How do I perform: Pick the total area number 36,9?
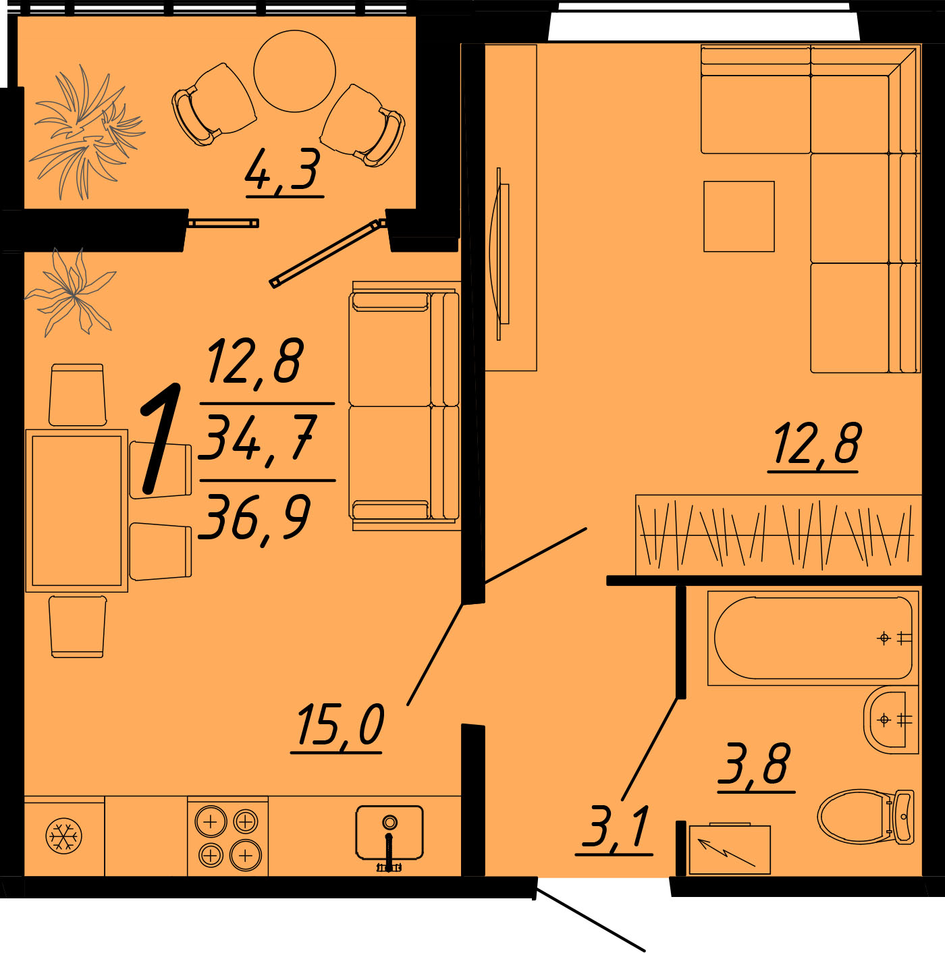tap(254, 518)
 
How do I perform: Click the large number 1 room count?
tap(161, 439)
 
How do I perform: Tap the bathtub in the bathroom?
tap(813, 638)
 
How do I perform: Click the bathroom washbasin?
tap(890, 719)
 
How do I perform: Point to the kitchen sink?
tap(389, 835)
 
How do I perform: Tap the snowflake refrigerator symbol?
tap(64, 836)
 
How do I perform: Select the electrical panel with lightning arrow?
tap(729, 848)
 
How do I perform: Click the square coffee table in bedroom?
tap(738, 217)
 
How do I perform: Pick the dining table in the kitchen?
tap(77, 510)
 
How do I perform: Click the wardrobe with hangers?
tap(778, 535)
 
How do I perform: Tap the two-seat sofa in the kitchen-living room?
tap(405, 406)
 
